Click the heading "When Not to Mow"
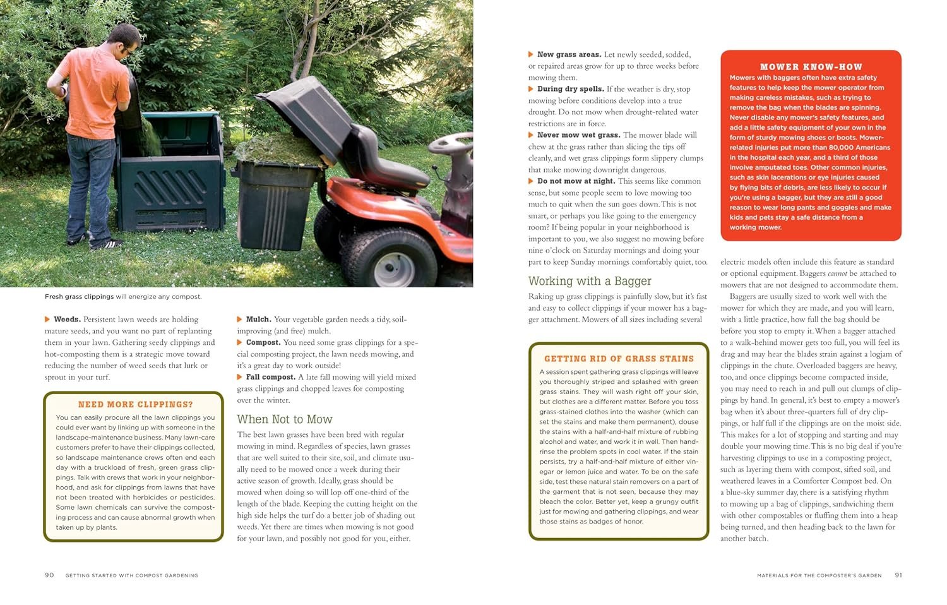pyautogui.click(x=284, y=419)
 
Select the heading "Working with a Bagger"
pyautogui.click(x=590, y=281)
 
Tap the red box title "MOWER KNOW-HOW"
pyautogui.click(x=811, y=66)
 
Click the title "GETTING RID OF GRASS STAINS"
pyautogui.click(x=619, y=358)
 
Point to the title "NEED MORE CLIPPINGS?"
pyautogui.click(x=135, y=404)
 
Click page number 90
pyautogui.click(x=49, y=575)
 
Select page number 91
pyautogui.click(x=898, y=575)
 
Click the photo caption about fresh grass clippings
pyautogui.click(x=123, y=296)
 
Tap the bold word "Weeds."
pyautogui.click(x=67, y=320)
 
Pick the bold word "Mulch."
pyautogui.click(x=258, y=320)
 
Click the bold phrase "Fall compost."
pyautogui.click(x=270, y=377)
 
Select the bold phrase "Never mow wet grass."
pyautogui.click(x=578, y=135)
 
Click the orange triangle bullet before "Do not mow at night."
pyautogui.click(x=531, y=181)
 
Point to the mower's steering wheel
pyautogui.click(x=450, y=144)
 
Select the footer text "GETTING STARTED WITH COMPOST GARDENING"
pyautogui.click(x=131, y=575)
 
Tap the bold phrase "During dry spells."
pyautogui.click(x=570, y=89)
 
